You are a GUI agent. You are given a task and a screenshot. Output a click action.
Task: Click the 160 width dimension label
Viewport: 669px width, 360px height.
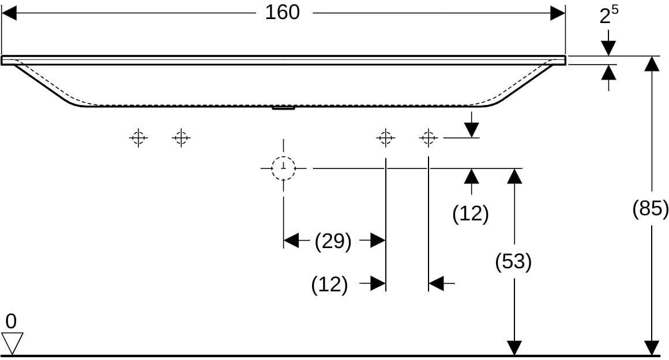point(282,12)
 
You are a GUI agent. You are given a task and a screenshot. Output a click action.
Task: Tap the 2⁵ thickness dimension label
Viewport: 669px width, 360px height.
point(609,14)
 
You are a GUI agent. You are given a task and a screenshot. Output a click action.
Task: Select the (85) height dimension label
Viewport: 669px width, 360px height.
point(650,209)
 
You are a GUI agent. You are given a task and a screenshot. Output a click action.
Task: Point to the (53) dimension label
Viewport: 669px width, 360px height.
point(513,261)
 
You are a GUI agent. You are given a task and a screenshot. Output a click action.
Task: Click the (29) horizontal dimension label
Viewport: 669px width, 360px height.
point(333,241)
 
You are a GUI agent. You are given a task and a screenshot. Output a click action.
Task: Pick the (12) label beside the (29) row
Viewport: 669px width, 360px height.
point(329,284)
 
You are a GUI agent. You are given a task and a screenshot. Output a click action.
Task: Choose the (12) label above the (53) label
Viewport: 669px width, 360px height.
point(470,213)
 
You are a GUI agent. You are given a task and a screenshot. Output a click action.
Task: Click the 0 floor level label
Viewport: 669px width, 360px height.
point(11,321)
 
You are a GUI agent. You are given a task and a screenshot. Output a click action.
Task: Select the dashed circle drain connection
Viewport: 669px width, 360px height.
point(283,168)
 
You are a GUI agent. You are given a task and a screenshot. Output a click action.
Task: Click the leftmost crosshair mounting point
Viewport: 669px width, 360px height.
point(138,138)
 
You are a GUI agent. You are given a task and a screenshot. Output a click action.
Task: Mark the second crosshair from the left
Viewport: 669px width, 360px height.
point(181,138)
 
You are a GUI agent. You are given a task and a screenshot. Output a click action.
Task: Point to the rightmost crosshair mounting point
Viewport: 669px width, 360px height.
point(429,138)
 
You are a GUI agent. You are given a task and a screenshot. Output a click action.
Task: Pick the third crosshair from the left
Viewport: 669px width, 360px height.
point(386,138)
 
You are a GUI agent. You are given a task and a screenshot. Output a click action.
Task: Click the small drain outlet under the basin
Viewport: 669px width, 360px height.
point(283,108)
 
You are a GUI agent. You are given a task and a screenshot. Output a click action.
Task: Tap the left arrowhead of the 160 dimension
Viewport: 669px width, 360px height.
point(9,13)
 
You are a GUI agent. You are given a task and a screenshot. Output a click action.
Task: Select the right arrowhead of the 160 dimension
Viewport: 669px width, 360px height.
point(558,13)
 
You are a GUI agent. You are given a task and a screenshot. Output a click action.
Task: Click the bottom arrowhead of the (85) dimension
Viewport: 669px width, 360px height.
point(652,348)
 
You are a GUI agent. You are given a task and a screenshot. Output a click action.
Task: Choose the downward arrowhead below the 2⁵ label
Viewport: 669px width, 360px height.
point(608,48)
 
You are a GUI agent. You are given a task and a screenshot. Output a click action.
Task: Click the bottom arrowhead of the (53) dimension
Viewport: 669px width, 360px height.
point(514,348)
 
